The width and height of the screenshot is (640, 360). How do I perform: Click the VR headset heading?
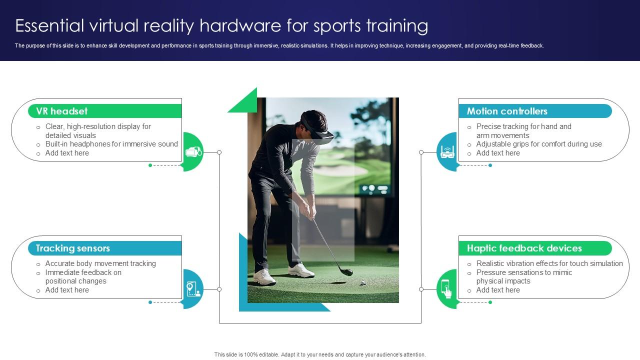tap(61, 111)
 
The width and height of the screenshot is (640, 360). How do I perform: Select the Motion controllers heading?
tap(507, 111)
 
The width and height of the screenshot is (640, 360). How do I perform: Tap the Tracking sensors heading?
tap(72, 248)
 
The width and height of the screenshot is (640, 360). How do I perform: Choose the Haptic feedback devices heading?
tap(524, 248)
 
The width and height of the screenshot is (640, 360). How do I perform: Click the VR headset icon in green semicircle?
tap(193, 151)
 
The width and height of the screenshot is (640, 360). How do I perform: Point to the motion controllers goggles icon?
tap(447, 151)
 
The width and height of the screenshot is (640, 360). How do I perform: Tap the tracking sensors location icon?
tap(193, 289)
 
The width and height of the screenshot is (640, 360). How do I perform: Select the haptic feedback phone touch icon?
tap(446, 289)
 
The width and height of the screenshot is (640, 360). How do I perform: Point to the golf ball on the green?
tap(363, 282)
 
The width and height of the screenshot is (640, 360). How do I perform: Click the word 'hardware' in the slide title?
tap(239, 25)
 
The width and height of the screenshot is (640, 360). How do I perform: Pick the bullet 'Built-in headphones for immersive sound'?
tap(111, 144)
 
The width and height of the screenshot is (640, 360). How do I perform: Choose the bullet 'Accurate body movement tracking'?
tap(100, 263)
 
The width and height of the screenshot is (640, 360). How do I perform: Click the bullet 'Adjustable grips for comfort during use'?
tap(539, 144)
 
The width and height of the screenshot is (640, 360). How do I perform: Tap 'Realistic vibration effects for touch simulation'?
tap(549, 263)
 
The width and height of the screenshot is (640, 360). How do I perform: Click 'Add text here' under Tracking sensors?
tap(67, 290)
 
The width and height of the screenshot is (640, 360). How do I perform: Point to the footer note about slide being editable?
tap(320, 354)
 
